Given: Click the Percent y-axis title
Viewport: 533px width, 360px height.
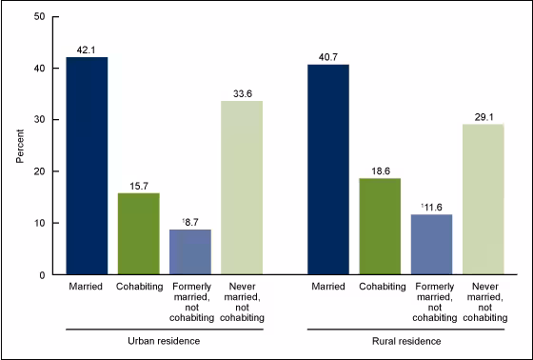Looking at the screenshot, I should click(20, 146).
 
